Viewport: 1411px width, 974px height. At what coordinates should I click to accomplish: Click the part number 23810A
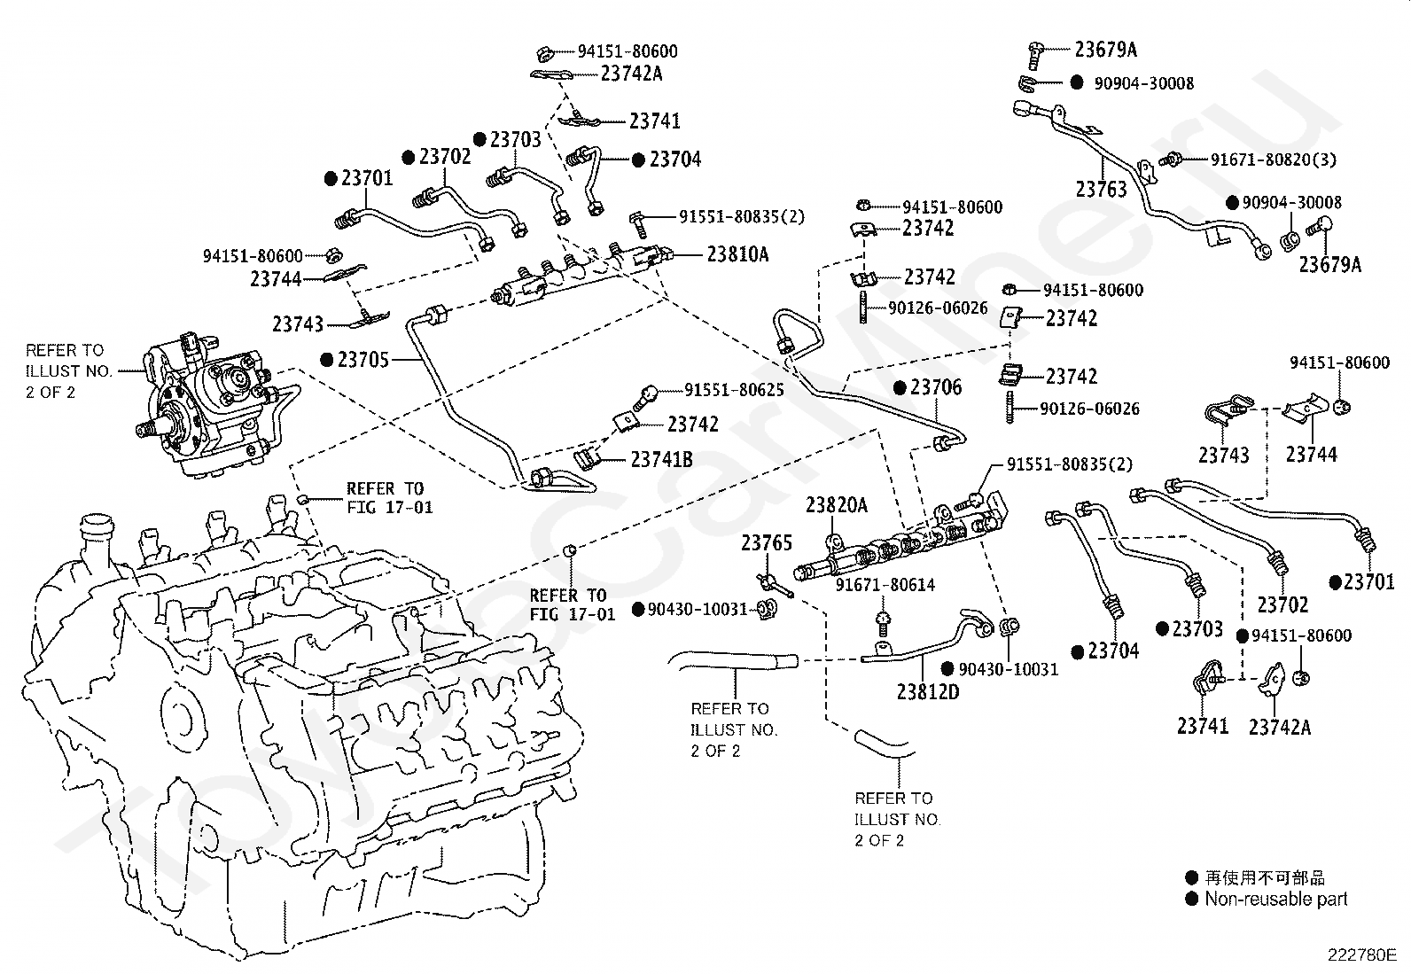tap(737, 254)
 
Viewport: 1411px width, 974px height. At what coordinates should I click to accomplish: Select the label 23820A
tap(836, 506)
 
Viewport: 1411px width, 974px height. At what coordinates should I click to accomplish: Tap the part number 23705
tap(364, 360)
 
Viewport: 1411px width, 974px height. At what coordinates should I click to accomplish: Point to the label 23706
tap(936, 387)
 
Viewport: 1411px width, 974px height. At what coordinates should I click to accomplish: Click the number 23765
tap(767, 542)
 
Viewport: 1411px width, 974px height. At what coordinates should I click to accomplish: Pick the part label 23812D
tap(927, 691)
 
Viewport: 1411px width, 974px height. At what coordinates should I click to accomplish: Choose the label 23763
tap(1101, 189)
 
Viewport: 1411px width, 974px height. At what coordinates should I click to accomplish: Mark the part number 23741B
tap(661, 459)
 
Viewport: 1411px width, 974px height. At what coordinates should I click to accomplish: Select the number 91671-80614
tap(885, 585)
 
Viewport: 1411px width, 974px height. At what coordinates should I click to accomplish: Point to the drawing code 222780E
tap(1360, 955)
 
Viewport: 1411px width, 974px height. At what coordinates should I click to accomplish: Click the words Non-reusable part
tap(1275, 899)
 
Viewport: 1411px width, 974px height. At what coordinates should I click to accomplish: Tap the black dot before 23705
tap(327, 360)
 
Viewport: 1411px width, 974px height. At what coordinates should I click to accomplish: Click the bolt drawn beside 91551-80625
tap(648, 393)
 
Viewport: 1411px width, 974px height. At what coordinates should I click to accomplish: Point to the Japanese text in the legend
tap(1265, 877)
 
